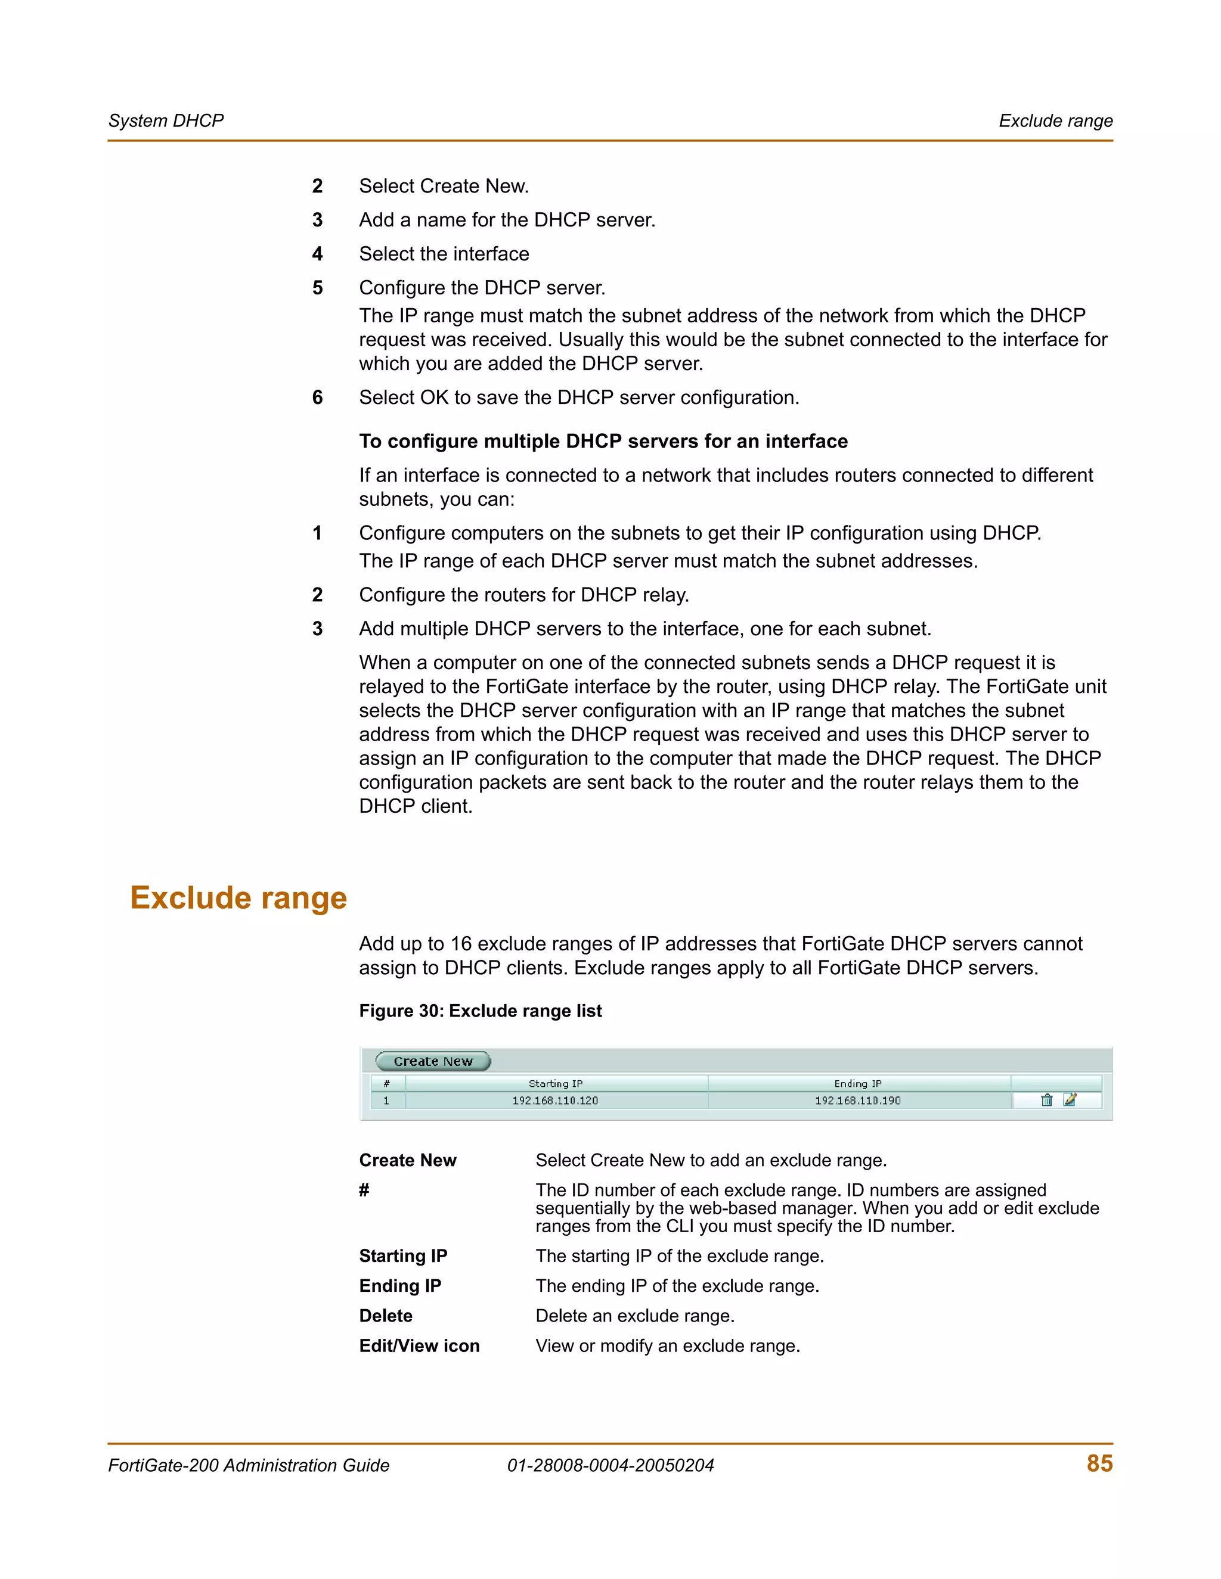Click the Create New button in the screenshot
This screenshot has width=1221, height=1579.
pyautogui.click(x=433, y=1061)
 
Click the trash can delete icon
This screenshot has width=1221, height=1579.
pyautogui.click(x=1046, y=1100)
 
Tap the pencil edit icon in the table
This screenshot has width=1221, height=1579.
pyautogui.click(x=1070, y=1100)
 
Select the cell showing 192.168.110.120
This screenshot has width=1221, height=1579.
pyautogui.click(x=555, y=1101)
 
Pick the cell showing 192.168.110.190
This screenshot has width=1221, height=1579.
pyautogui.click(x=857, y=1101)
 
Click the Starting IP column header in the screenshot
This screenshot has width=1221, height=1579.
pyautogui.click(x=555, y=1083)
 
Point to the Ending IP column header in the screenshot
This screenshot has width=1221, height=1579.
pyautogui.click(x=857, y=1083)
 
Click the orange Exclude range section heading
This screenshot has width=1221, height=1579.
pyautogui.click(x=238, y=897)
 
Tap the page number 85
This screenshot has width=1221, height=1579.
pyautogui.click(x=1099, y=1463)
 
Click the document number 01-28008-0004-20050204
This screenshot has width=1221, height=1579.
pyautogui.click(x=610, y=1466)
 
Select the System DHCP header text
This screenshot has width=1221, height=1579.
pyautogui.click(x=166, y=121)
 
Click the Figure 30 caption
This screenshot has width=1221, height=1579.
pyautogui.click(x=481, y=1011)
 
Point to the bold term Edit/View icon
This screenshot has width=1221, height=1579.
pyautogui.click(x=420, y=1345)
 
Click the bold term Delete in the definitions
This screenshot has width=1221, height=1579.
pyautogui.click(x=386, y=1316)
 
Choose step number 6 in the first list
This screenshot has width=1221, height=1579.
pyautogui.click(x=318, y=397)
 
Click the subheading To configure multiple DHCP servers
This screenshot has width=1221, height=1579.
pyautogui.click(x=603, y=441)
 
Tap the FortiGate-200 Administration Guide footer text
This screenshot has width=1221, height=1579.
pyautogui.click(x=249, y=1466)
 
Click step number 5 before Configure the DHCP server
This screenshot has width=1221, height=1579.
pyautogui.click(x=318, y=288)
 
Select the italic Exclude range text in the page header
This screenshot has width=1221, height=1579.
pyautogui.click(x=1055, y=121)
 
